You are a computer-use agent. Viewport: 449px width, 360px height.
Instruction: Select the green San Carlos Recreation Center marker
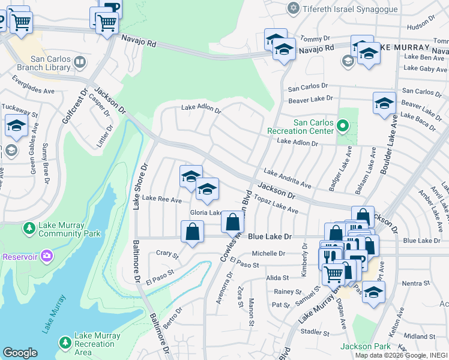pyautogui.click(x=343, y=126)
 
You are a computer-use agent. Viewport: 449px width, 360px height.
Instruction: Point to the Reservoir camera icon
pyautogui.click(x=47, y=257)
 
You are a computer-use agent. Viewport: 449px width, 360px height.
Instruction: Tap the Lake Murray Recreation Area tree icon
pyautogui.click(x=65, y=343)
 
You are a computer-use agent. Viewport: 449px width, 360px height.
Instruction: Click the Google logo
pyautogui.click(x=20, y=353)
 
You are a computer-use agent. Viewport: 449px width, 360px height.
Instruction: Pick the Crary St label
pyautogui.click(x=167, y=255)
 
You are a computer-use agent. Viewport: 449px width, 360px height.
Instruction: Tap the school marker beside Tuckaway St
pyautogui.click(x=16, y=125)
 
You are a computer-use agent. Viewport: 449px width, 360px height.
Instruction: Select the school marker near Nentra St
pyautogui.click(x=373, y=292)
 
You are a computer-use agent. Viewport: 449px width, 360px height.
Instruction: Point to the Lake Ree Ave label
pyautogui.click(x=161, y=199)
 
